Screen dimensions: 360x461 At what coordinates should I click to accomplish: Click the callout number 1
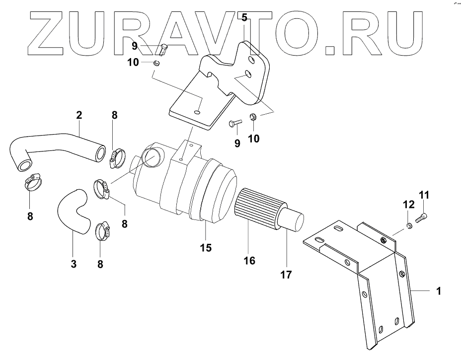point(439,291)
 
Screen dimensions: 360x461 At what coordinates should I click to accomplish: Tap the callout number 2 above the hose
point(79,116)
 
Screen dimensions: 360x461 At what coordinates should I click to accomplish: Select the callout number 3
point(73,264)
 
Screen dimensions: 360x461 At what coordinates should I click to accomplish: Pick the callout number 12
point(408,204)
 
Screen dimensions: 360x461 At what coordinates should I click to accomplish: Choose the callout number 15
point(206,247)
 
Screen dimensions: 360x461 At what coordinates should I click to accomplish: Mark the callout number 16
point(249,260)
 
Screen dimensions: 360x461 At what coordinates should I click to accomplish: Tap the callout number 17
point(287,274)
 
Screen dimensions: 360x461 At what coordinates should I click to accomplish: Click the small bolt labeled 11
point(423,216)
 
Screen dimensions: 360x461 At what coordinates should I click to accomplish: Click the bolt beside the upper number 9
point(164,49)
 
